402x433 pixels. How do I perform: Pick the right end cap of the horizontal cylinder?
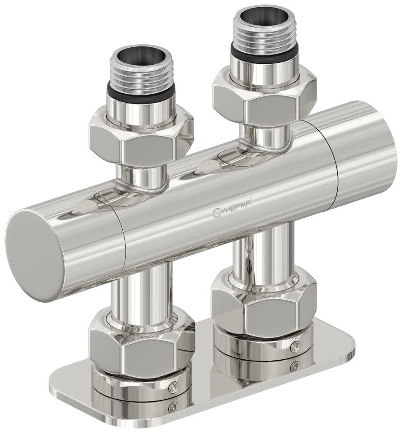pyautogui.click(x=366, y=147)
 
